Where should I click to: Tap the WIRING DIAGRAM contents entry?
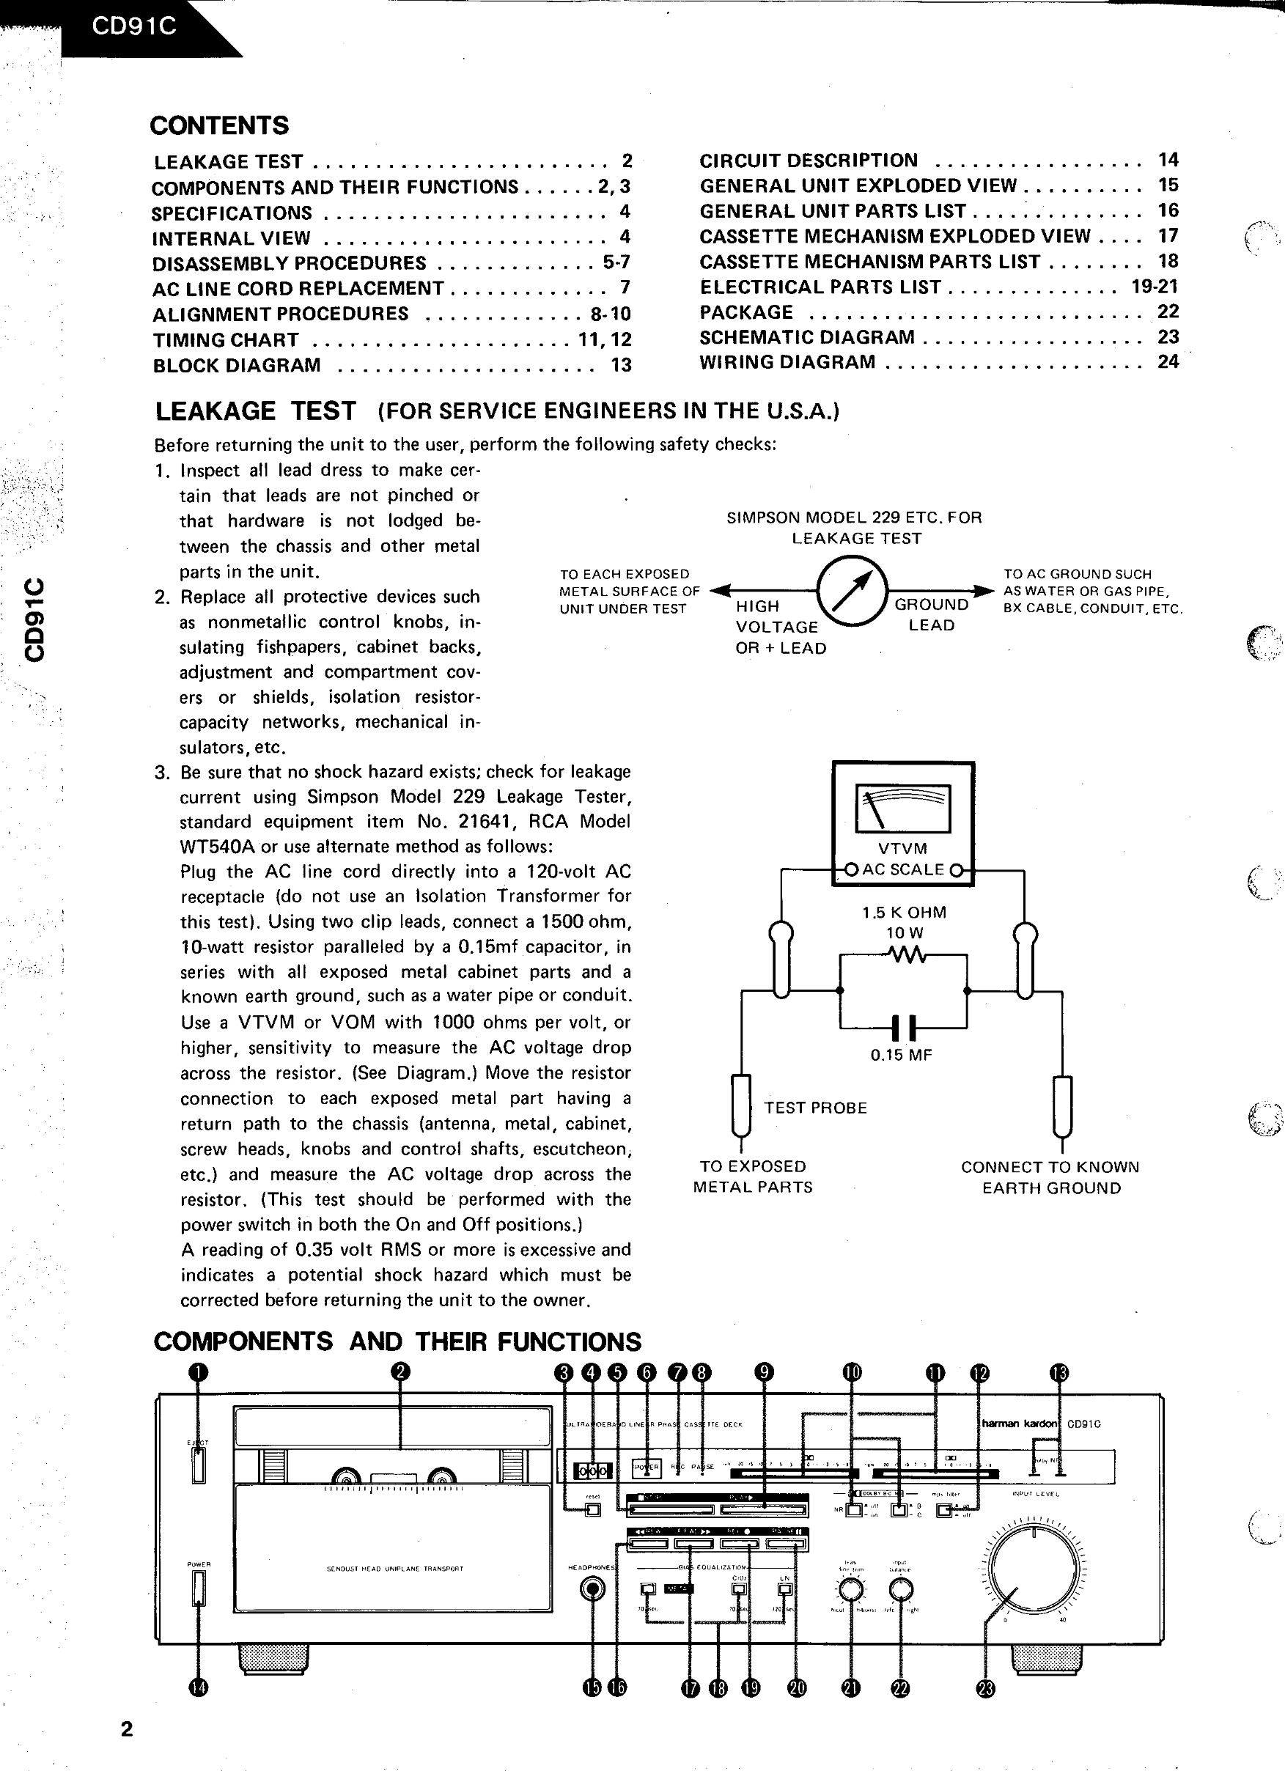pos(787,361)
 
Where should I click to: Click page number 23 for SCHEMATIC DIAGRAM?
pos(1168,336)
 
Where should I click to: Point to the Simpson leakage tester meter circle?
pos(853,591)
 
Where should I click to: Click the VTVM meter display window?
pos(903,809)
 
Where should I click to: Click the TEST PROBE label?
pos(815,1108)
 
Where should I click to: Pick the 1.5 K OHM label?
pos(904,912)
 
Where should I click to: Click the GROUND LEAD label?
pos(932,614)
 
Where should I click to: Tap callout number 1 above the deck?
pos(199,1372)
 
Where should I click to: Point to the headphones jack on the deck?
pos(594,1588)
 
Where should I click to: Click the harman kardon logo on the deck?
pos(1020,1424)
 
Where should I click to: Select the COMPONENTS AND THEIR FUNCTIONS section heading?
pos(397,1341)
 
